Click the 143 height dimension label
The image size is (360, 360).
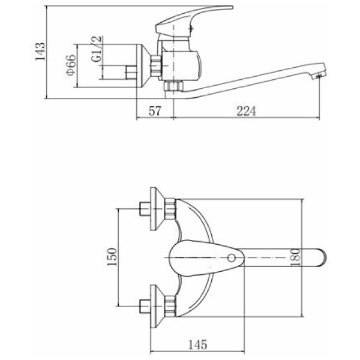pos(40,52)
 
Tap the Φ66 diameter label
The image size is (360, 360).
pos(70,65)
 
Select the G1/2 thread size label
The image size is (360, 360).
pos(96,49)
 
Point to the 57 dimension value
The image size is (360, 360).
pos(155,111)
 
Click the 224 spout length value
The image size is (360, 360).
pos(246,111)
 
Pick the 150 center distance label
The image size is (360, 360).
pos(112,257)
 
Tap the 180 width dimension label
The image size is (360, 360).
pos(295,257)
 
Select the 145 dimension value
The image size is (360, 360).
pos(197,344)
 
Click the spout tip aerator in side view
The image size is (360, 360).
pos(318,76)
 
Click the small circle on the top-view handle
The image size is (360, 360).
pos(232,258)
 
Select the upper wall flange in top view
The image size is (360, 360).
pos(157,209)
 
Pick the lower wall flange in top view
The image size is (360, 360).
pos(157,306)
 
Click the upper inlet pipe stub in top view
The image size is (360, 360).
pos(145,209)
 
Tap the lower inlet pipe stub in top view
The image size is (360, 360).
pos(145,306)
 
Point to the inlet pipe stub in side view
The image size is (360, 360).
pos(131,73)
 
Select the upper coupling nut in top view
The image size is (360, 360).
pos(170,209)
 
